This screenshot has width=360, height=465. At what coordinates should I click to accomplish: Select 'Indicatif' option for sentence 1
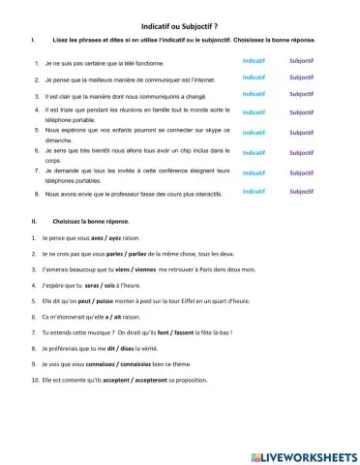pos(255,60)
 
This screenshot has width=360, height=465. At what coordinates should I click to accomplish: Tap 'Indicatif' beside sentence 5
pos(255,133)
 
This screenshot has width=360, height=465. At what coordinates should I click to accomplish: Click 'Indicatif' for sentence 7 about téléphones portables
pos(255,172)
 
